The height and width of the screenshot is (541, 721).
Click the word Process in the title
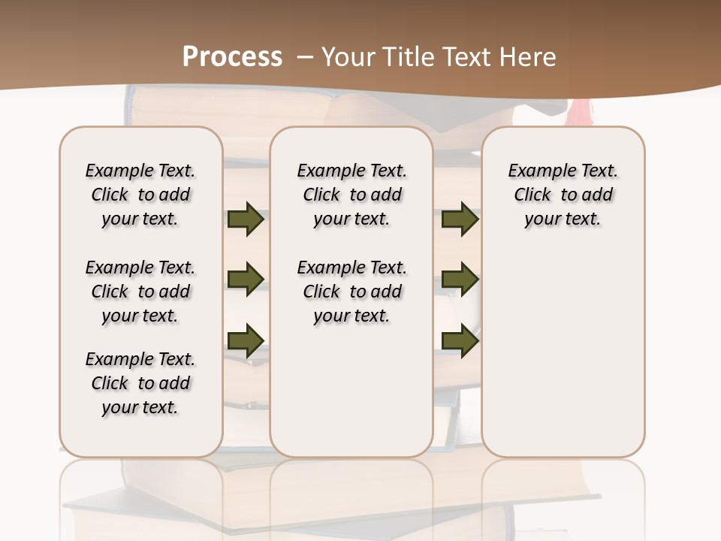pos(232,57)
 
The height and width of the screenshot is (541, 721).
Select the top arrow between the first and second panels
pos(246,219)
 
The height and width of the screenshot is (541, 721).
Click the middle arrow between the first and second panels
pos(246,280)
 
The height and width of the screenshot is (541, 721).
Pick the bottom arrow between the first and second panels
pos(246,340)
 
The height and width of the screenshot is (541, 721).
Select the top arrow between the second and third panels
pos(460,219)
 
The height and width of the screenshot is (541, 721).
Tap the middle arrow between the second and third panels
pos(460,280)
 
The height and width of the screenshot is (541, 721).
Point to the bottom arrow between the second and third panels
pos(460,340)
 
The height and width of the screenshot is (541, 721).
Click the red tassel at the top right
pos(578,113)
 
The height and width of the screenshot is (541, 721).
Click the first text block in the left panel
pos(140,195)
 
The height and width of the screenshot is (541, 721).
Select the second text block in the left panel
pos(140,292)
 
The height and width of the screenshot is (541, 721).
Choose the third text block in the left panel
pos(140,383)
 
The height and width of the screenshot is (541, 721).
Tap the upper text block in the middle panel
pos(351,195)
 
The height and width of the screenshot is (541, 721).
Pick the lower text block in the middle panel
pos(351,292)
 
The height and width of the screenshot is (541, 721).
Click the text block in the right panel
pos(563,195)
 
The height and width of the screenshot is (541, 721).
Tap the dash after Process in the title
pos(305,57)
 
